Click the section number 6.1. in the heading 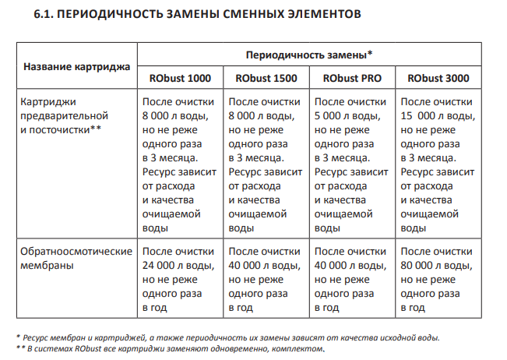[46, 14]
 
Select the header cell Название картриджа [77, 66]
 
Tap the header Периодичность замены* [310, 55]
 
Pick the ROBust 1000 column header [180, 78]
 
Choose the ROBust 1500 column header [266, 78]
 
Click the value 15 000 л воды [435, 116]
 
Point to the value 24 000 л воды [177, 266]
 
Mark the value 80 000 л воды [435, 266]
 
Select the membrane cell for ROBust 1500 [266, 280]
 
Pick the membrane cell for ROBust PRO [352, 280]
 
